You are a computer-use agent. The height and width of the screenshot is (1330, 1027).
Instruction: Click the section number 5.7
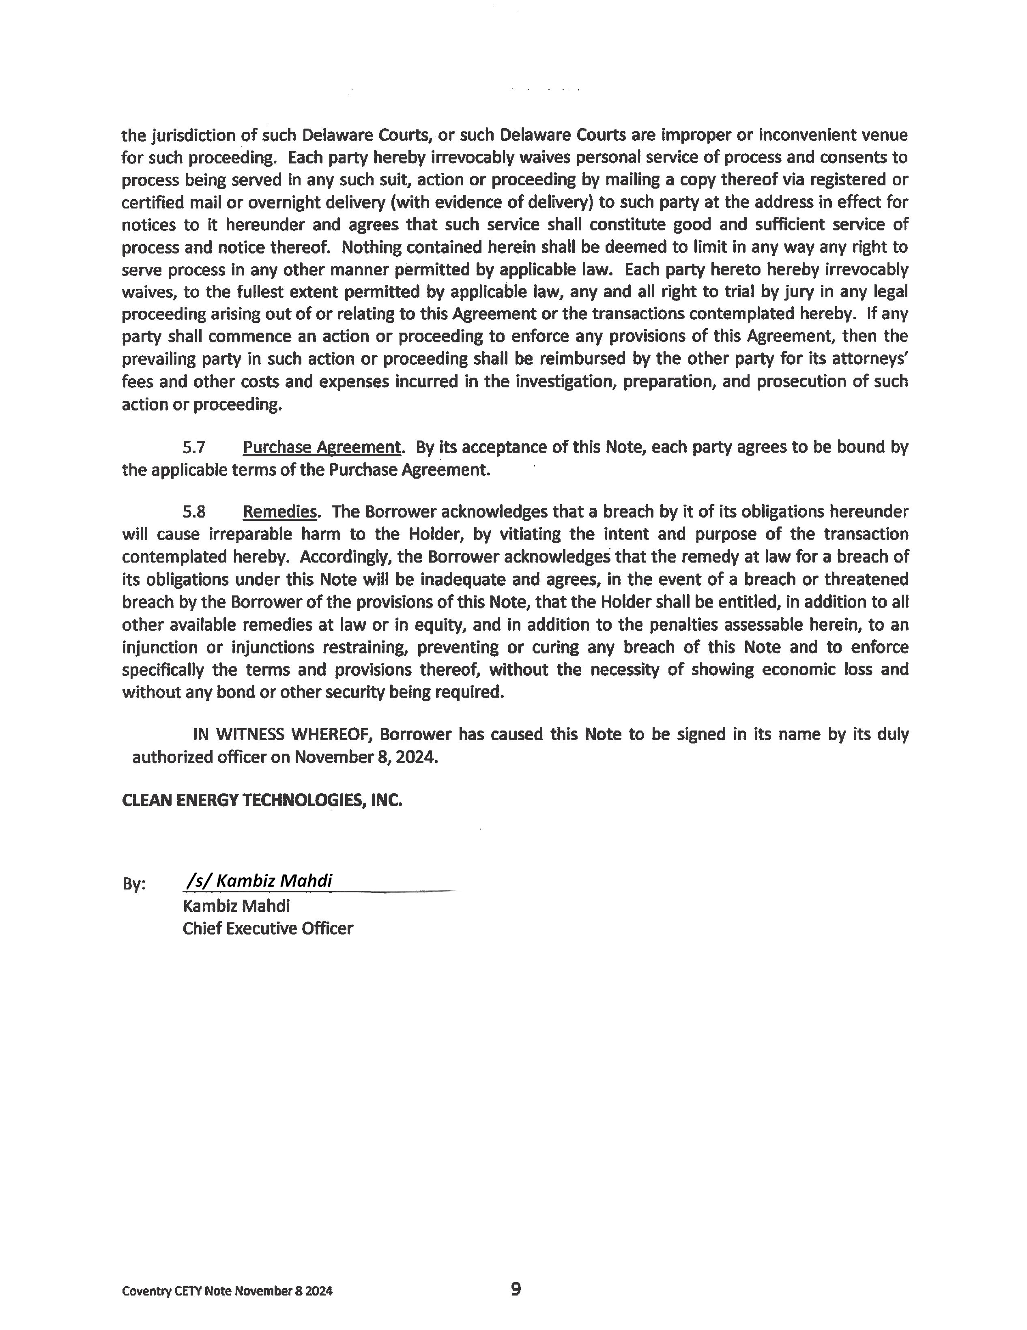[194, 448]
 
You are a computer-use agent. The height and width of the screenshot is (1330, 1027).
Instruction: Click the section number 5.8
[194, 511]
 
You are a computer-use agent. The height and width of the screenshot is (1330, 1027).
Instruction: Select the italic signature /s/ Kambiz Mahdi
[259, 881]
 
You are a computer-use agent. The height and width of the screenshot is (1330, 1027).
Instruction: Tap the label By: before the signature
[133, 884]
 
